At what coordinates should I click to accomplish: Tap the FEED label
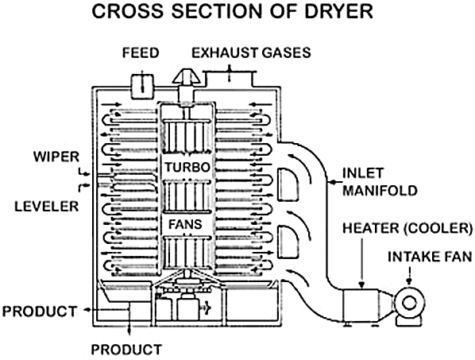coord(141,52)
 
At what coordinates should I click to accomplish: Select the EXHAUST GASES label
coord(251,52)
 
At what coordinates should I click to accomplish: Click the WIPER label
coord(56,157)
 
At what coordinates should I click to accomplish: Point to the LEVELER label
coord(47,207)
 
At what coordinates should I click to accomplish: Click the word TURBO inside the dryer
coord(187,167)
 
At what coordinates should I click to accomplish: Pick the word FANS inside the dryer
coord(185,224)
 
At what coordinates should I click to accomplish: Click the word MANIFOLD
coord(380,191)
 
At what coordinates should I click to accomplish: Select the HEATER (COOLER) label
coord(407,228)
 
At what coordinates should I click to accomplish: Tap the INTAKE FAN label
coord(430,257)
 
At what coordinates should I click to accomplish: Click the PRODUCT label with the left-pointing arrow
coord(40,312)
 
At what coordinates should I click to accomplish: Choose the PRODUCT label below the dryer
coord(126,350)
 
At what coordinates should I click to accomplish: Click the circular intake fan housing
coord(408,303)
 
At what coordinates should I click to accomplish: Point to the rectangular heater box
coord(361,305)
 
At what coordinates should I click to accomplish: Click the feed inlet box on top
coord(142,87)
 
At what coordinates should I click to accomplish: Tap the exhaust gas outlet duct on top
coord(229,79)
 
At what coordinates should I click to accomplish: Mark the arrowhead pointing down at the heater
coord(361,285)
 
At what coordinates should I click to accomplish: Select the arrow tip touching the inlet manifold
coord(330,183)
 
